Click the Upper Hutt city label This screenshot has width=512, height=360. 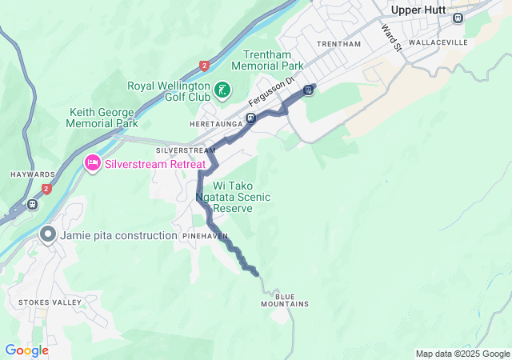point(423,9)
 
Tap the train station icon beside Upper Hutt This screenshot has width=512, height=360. point(458,18)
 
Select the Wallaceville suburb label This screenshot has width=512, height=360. point(432,41)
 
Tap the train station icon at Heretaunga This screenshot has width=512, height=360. point(250,118)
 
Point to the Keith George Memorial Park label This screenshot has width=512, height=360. point(104,118)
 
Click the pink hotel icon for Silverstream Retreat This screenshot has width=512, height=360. point(92,163)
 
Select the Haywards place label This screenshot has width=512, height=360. point(33,174)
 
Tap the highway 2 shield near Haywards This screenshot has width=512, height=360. point(46,189)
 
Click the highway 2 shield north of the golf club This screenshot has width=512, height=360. point(204,66)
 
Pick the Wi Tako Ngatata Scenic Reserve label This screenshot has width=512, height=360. point(232,197)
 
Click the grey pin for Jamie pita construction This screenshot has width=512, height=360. point(47,235)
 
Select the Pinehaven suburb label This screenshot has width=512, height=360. point(205,237)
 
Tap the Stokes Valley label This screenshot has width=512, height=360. point(49,302)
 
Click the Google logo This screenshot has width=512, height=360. point(26,350)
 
